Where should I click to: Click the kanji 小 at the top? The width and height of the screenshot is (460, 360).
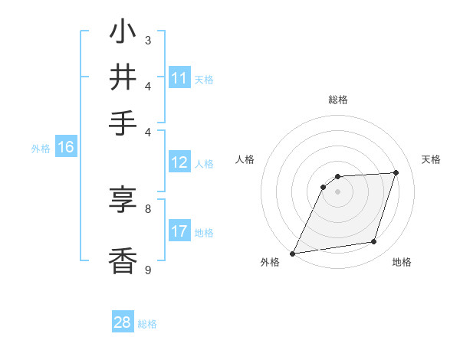click(123, 34)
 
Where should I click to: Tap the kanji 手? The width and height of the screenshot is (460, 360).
click(123, 123)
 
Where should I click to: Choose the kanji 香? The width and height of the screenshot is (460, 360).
click(123, 260)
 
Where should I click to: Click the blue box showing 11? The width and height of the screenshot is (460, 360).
click(179, 78)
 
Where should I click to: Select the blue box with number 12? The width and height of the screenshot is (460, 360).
click(179, 162)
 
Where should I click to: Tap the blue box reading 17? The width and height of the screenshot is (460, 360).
click(179, 231)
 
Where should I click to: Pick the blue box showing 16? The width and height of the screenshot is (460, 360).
click(66, 147)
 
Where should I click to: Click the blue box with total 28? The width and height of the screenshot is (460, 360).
click(123, 322)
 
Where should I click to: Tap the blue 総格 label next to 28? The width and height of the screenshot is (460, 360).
click(147, 324)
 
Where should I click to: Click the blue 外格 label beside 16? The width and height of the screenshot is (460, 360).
click(41, 149)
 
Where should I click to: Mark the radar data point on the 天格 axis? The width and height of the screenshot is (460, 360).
click(396, 172)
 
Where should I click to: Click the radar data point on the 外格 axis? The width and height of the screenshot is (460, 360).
click(293, 254)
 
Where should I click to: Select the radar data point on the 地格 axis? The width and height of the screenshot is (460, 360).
click(374, 242)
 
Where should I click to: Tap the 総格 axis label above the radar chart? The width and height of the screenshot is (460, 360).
click(338, 100)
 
